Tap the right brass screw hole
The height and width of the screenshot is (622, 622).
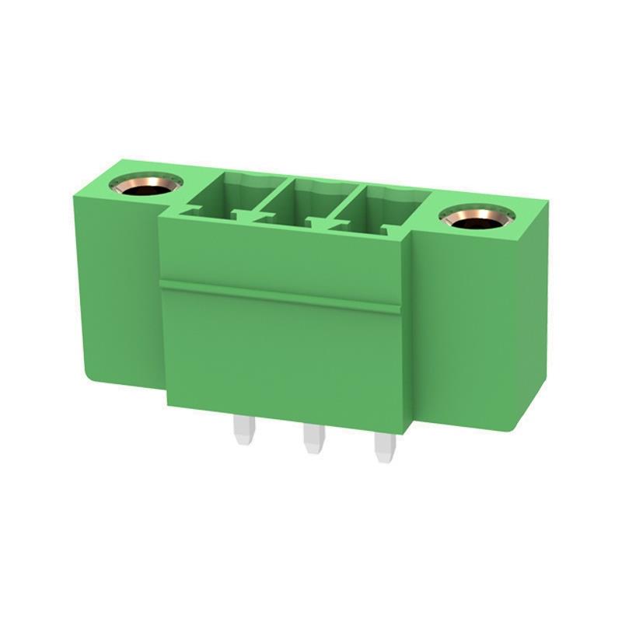point(476,218)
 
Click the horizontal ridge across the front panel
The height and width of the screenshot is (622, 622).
point(280,295)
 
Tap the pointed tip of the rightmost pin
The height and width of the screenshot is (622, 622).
point(383,460)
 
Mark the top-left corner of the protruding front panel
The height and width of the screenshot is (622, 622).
point(162,217)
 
